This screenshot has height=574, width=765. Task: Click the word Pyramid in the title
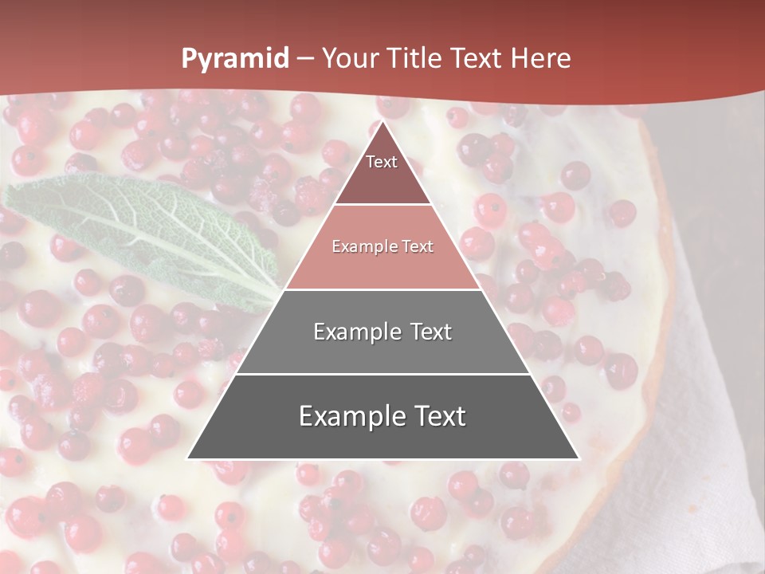234,59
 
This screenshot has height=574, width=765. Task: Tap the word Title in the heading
416,59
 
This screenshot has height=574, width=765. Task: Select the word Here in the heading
540,59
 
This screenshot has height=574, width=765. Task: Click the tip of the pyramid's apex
382,122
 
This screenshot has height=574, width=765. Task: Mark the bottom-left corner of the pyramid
188,458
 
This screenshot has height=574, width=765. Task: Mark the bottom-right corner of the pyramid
578,458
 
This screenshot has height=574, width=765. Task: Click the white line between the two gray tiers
382,374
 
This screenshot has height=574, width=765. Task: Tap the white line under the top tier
382,205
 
